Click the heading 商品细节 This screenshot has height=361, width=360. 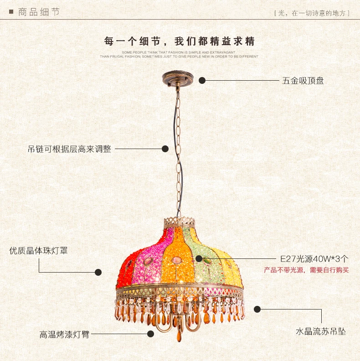pyautogui.click(x=39, y=12)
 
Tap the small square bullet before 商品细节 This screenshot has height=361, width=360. pyautogui.click(x=11, y=11)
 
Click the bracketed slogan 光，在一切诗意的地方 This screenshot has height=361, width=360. pyautogui.click(x=312, y=13)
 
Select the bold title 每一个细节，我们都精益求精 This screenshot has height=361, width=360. pyautogui.click(x=179, y=41)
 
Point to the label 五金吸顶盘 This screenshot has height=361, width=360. pyautogui.click(x=303, y=81)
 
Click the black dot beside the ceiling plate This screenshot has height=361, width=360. pyautogui.click(x=202, y=80)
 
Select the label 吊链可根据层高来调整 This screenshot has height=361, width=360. pyautogui.click(x=70, y=149)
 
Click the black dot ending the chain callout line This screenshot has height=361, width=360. pyautogui.click(x=165, y=149)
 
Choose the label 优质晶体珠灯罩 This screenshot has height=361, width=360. pyautogui.click(x=38, y=251)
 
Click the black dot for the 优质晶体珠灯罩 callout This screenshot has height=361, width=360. pyautogui.click(x=98, y=272)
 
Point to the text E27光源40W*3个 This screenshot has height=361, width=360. pyautogui.click(x=314, y=259)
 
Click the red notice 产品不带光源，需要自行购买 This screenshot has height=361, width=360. pyautogui.click(x=306, y=270)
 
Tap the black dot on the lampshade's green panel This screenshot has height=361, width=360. pyautogui.click(x=199, y=258)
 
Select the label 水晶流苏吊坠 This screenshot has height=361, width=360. pyautogui.click(x=321, y=331)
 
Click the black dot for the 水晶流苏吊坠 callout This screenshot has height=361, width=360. pyautogui.click(x=257, y=309)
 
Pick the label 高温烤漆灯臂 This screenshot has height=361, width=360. pyautogui.click(x=64, y=334)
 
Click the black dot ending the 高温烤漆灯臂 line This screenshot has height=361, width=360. pyautogui.click(x=150, y=334)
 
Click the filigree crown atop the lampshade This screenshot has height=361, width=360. pyautogui.click(x=179, y=222)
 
